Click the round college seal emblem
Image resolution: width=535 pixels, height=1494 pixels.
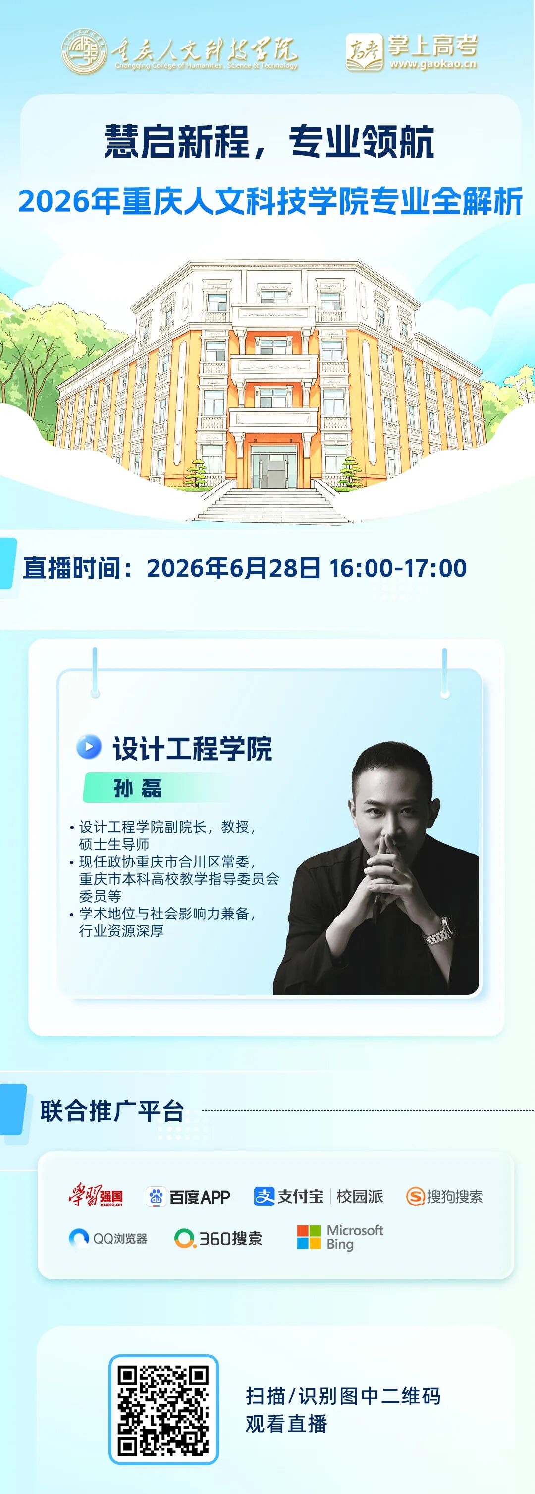click(x=85, y=51)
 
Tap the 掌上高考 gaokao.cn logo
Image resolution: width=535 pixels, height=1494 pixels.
click(x=411, y=52)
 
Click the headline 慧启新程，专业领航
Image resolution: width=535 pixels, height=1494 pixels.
click(x=268, y=142)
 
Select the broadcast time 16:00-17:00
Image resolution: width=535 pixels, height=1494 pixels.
click(x=398, y=568)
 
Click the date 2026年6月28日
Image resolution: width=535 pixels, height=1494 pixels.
click(x=233, y=568)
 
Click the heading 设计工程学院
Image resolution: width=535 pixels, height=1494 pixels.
click(x=192, y=748)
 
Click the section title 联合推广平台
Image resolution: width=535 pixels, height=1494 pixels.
click(x=112, y=1111)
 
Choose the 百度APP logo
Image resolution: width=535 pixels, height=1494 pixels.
click(x=188, y=1197)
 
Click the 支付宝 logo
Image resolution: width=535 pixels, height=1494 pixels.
click(x=288, y=1196)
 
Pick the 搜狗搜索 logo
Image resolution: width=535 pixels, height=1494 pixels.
click(x=444, y=1197)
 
